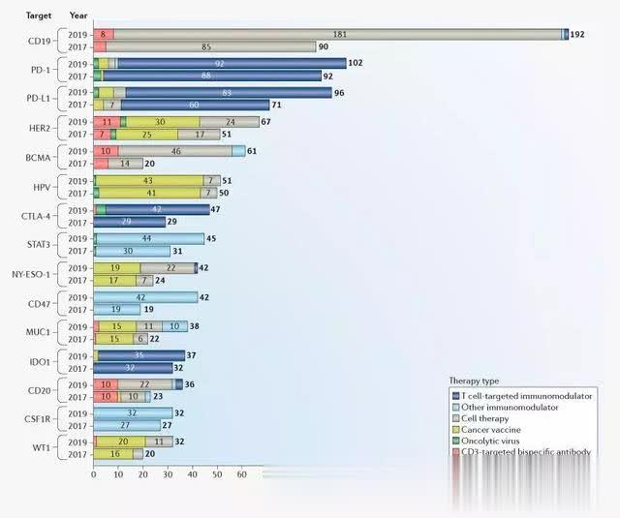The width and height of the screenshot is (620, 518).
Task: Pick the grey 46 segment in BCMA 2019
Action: (x=175, y=151)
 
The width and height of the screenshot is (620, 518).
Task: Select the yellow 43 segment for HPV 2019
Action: (x=148, y=181)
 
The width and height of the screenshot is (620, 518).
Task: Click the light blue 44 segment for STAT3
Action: (x=148, y=239)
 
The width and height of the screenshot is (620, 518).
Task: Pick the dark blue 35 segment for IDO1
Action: (x=140, y=355)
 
